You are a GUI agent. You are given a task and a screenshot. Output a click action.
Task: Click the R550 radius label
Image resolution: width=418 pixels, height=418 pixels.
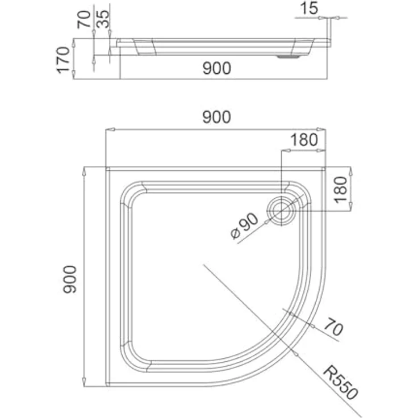click(x=340, y=383)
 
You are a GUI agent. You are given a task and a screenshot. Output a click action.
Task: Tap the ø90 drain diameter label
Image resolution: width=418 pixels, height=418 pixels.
click(x=244, y=226)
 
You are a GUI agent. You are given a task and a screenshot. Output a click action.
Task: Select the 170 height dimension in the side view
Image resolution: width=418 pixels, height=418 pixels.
click(x=63, y=60)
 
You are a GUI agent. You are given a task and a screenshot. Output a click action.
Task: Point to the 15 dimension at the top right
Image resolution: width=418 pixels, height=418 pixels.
click(x=309, y=8)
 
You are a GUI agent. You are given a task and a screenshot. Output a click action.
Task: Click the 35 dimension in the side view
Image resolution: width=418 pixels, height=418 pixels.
click(x=103, y=19)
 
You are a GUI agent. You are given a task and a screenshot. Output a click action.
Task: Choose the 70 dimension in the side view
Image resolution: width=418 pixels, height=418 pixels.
click(x=84, y=19)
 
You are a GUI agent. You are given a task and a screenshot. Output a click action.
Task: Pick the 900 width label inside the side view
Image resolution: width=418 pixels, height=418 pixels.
click(x=216, y=68)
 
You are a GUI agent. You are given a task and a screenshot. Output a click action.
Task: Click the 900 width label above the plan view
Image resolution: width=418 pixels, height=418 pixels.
click(x=216, y=118)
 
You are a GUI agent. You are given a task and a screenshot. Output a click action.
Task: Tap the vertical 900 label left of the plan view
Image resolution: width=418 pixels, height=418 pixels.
click(x=70, y=279)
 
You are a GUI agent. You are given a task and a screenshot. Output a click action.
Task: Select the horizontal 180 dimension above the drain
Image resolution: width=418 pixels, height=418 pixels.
click(x=304, y=140)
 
